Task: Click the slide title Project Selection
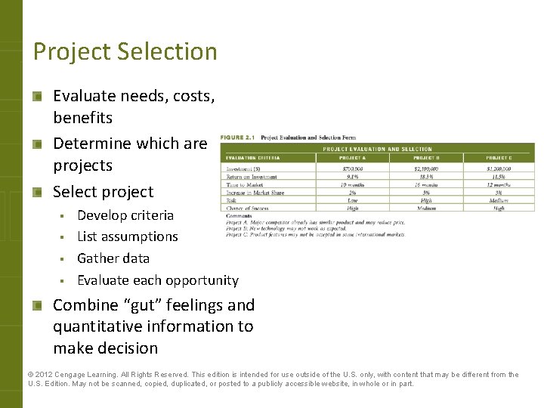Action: point(125,51)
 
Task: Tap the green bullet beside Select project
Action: point(37,192)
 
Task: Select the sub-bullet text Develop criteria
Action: point(125,215)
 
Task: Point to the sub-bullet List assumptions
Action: point(128,236)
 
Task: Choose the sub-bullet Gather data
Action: point(113,258)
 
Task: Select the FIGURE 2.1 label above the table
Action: point(237,138)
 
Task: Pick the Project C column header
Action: point(499,158)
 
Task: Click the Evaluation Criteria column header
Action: point(253,158)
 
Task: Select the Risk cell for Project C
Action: point(499,200)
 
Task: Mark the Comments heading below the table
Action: point(239,216)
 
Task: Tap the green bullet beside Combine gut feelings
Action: point(37,305)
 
